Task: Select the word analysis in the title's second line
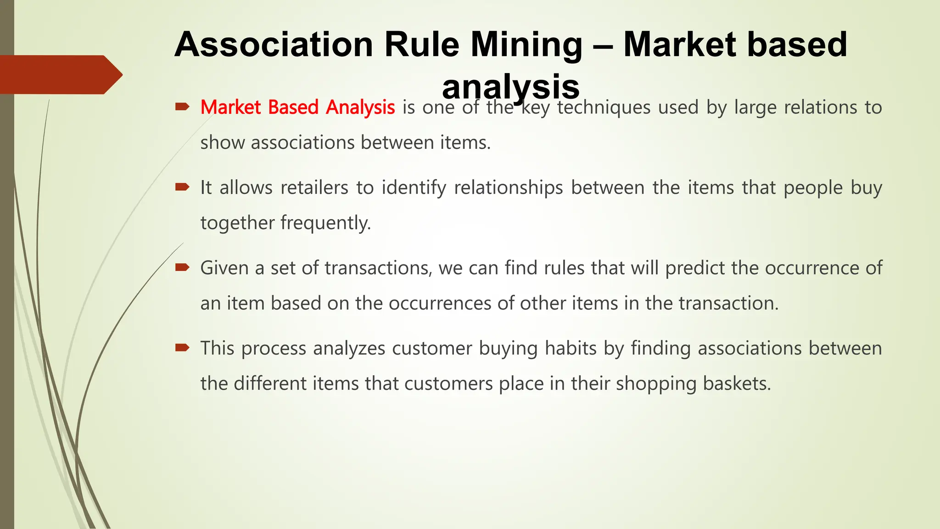(510, 86)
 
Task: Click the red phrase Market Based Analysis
(297, 107)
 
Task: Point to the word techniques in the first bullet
(604, 107)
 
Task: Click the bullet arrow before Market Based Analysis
(182, 107)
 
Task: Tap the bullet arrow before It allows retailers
(182, 187)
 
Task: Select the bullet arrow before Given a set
(182, 267)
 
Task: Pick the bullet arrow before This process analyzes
(182, 348)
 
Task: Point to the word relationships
(508, 188)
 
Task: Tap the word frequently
(325, 223)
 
